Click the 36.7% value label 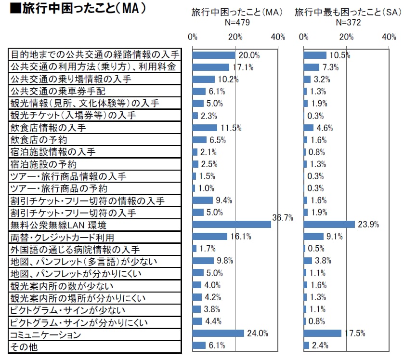tap(283, 217)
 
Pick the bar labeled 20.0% tap(214, 55)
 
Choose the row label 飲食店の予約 tap(39, 140)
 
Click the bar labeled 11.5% tap(205, 128)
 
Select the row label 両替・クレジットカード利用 tap(62, 237)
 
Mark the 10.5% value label tap(340, 55)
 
